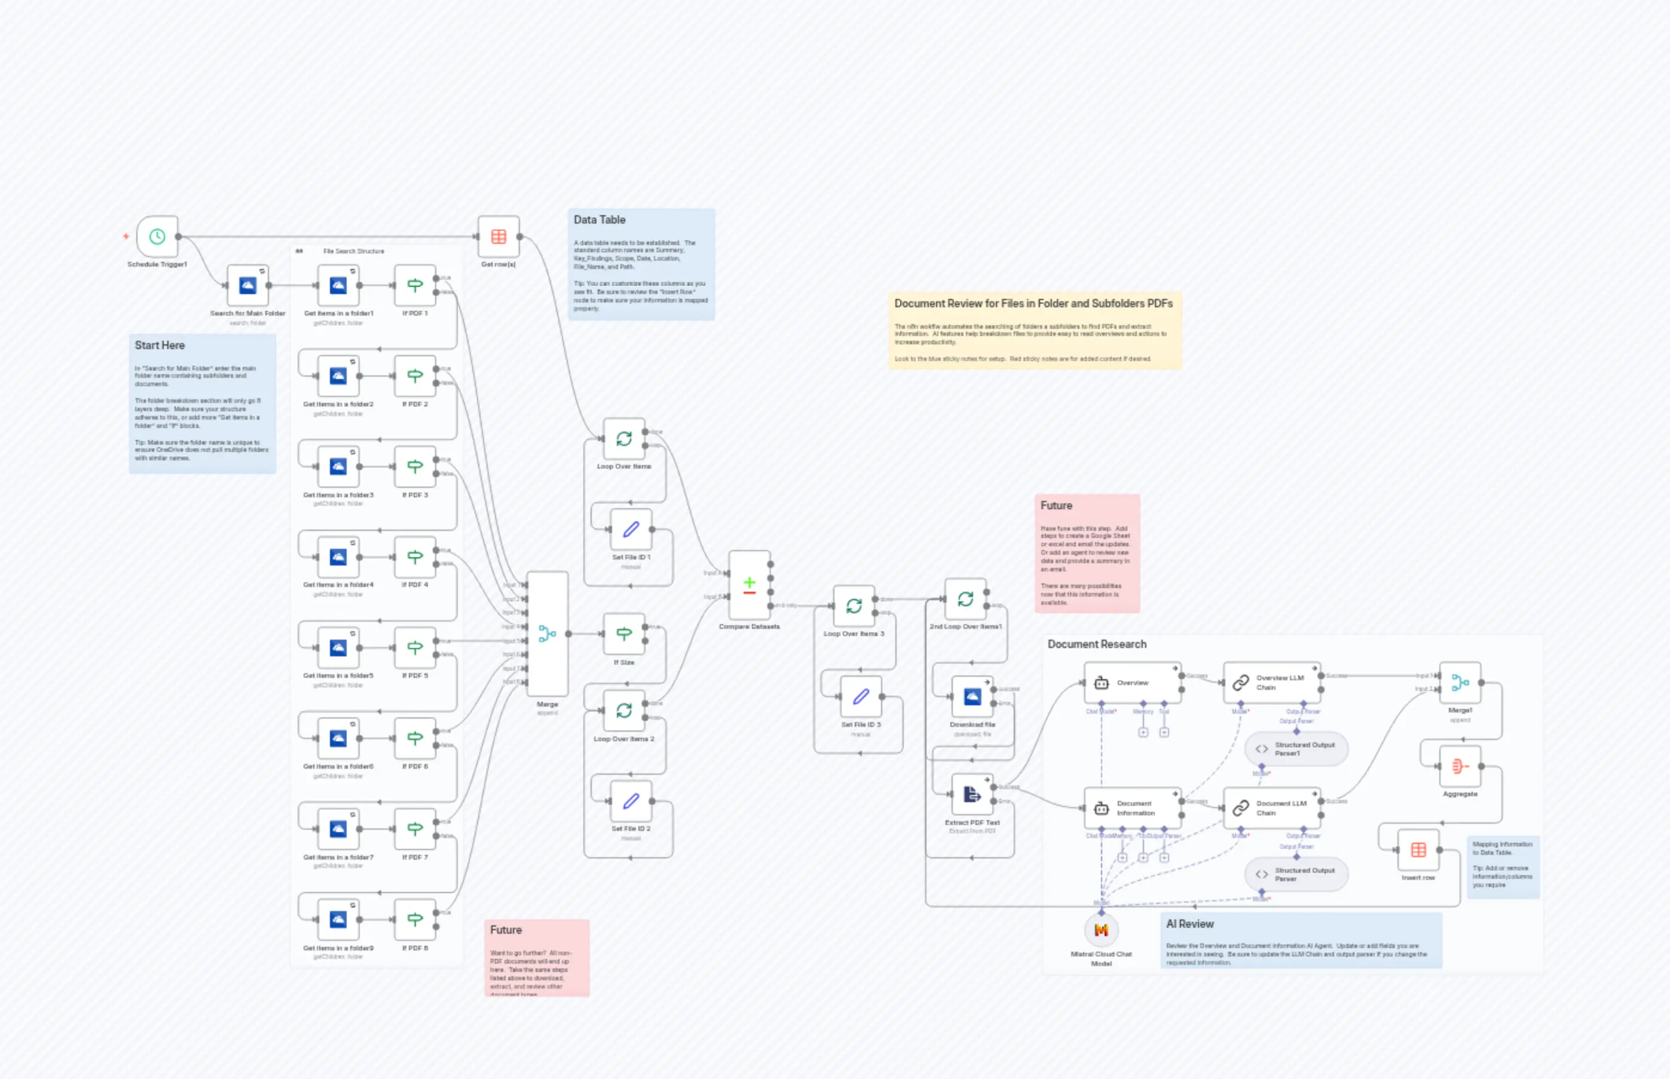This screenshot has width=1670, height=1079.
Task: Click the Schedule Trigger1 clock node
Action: [x=157, y=237]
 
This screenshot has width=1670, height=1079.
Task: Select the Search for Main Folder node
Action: [x=247, y=286]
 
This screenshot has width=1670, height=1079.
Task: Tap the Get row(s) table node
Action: [x=498, y=237]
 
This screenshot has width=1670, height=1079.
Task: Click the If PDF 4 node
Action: [x=415, y=558]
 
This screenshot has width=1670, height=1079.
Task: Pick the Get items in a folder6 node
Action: [x=338, y=738]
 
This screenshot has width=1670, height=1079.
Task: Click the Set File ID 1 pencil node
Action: [x=631, y=530]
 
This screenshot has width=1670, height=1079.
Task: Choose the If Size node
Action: [x=623, y=634]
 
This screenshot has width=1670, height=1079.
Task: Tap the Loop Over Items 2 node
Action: [x=623, y=710]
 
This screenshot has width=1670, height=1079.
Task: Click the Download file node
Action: [x=972, y=697]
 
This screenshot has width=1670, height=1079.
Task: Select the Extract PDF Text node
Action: [x=972, y=794]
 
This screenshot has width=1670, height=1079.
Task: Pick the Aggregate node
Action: [x=1460, y=766]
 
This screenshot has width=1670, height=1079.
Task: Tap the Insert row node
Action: [x=1418, y=850]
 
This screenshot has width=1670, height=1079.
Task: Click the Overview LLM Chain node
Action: [x=1271, y=683]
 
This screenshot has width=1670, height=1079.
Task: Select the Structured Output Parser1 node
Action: [x=1296, y=749]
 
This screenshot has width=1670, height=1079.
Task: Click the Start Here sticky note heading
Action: [x=160, y=346]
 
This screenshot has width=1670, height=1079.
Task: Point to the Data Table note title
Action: [x=599, y=220]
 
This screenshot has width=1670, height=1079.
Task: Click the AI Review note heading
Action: [x=1189, y=924]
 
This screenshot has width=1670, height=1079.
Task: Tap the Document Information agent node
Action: [x=1132, y=809]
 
